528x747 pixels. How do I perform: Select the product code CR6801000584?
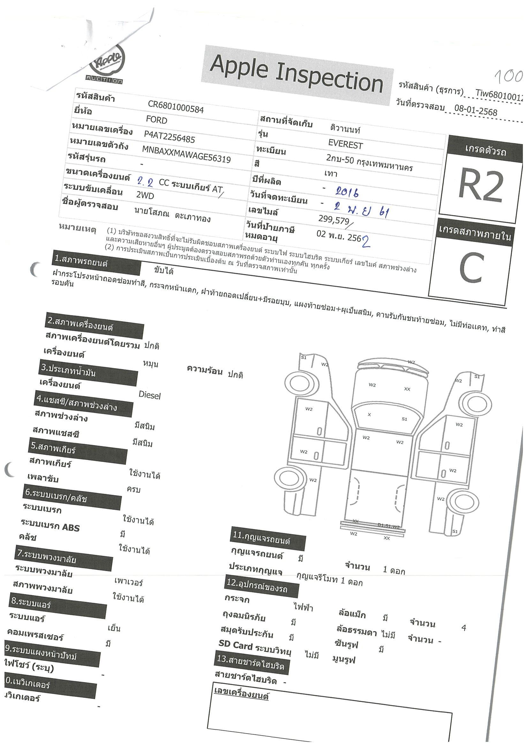click(x=176, y=107)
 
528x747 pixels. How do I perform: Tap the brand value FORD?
click(x=156, y=120)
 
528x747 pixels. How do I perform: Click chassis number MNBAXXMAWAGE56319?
click(x=186, y=154)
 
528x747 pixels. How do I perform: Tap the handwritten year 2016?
click(x=347, y=192)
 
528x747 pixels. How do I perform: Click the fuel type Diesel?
click(x=150, y=395)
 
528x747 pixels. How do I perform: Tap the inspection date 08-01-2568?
click(x=476, y=110)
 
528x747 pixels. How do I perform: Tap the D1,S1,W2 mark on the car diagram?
click(x=388, y=525)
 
